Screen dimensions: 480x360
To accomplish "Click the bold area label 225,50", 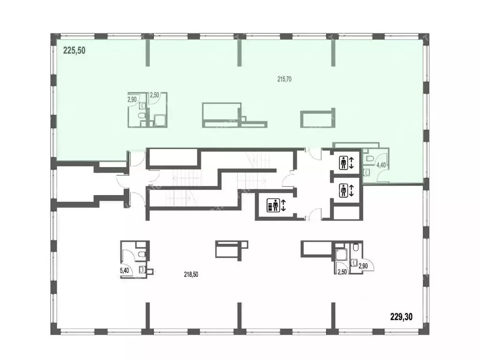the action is pyautogui.click(x=74, y=50).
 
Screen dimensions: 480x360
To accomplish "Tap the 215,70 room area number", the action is pyautogui.click(x=285, y=79).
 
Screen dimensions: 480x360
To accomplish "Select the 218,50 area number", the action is pyautogui.click(x=191, y=275).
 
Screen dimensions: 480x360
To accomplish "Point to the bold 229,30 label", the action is pyautogui.click(x=401, y=316).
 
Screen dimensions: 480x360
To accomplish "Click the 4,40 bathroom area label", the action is pyautogui.click(x=381, y=165).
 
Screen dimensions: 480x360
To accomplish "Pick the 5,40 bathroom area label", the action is pyautogui.click(x=124, y=270).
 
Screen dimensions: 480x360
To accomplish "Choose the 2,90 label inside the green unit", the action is pyautogui.click(x=132, y=99).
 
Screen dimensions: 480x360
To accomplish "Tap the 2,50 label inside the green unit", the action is pyautogui.click(x=154, y=95).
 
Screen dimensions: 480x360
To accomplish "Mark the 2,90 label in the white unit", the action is pyautogui.click(x=363, y=266).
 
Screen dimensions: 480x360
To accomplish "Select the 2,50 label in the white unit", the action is pyautogui.click(x=342, y=272).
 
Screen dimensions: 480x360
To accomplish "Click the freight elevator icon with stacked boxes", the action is pyautogui.click(x=273, y=205).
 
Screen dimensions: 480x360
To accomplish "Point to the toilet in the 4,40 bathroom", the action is pyautogui.click(x=369, y=158).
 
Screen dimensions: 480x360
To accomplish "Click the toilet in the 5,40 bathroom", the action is pyautogui.click(x=142, y=255).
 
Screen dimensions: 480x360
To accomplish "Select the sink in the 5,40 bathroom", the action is pyautogui.click(x=142, y=270).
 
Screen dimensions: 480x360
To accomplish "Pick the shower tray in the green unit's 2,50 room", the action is pyautogui.click(x=159, y=120).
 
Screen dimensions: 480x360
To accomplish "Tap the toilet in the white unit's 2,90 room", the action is pyautogui.click(x=356, y=247).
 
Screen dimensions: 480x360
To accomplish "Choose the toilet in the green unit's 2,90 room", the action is pyautogui.click(x=142, y=116).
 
